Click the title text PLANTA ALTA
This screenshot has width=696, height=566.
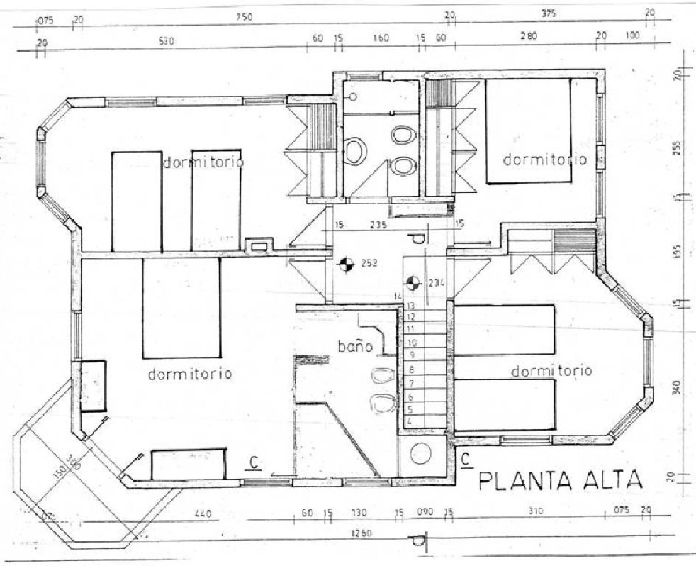click(x=561, y=481)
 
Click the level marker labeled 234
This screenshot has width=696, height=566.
click(x=413, y=283)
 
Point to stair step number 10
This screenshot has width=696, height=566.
click(x=412, y=343)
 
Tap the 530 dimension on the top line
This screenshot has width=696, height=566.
click(x=166, y=42)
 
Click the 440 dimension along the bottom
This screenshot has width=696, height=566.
click(x=202, y=514)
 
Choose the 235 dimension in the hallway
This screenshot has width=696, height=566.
click(x=378, y=224)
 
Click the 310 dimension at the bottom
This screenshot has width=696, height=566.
click(x=535, y=513)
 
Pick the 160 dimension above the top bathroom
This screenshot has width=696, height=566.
click(x=380, y=38)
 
